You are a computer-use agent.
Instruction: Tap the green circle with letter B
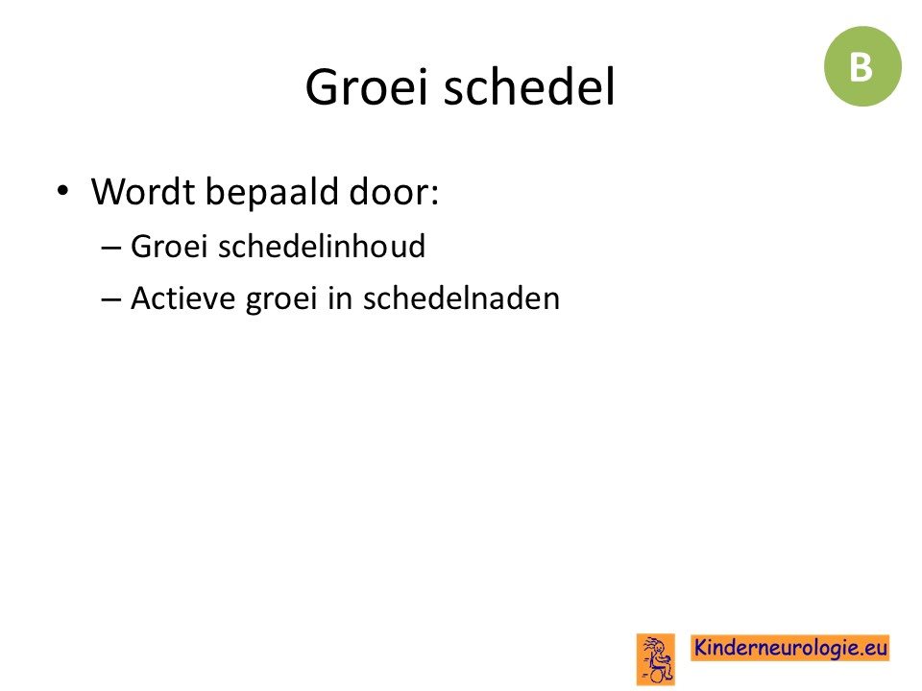point(862,66)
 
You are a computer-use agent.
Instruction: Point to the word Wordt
point(143,191)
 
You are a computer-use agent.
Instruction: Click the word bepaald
point(272,193)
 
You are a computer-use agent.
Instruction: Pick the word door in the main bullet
point(389,191)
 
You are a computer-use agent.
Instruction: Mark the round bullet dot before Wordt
point(62,191)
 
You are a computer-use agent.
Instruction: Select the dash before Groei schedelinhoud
point(111,248)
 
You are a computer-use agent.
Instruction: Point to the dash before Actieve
point(111,299)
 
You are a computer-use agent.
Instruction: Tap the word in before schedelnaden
point(340,298)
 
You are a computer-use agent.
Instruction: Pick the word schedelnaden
point(461,298)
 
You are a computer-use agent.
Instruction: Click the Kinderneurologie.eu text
point(789,648)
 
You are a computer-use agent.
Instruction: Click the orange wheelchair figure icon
point(656,659)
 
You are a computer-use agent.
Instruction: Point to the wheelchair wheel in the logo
point(660,676)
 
